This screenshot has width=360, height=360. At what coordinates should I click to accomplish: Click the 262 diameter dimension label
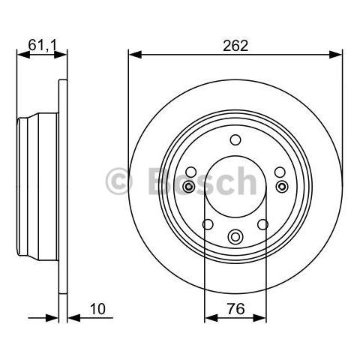point(235,46)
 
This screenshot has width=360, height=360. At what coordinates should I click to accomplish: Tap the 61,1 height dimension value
point(43,45)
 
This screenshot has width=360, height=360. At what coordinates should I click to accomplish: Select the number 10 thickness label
point(97,309)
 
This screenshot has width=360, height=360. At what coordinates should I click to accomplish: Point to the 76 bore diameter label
point(235,309)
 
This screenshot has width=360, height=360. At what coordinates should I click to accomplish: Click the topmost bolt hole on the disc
point(235,139)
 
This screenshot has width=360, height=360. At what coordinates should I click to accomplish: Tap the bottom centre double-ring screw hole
point(235,236)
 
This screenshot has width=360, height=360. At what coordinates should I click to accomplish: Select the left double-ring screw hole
point(188,187)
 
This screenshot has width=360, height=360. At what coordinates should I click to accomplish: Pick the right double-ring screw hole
point(282,187)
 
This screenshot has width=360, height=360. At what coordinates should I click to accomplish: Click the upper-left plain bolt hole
point(191,172)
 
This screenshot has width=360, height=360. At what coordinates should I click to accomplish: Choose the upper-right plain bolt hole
point(280,172)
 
